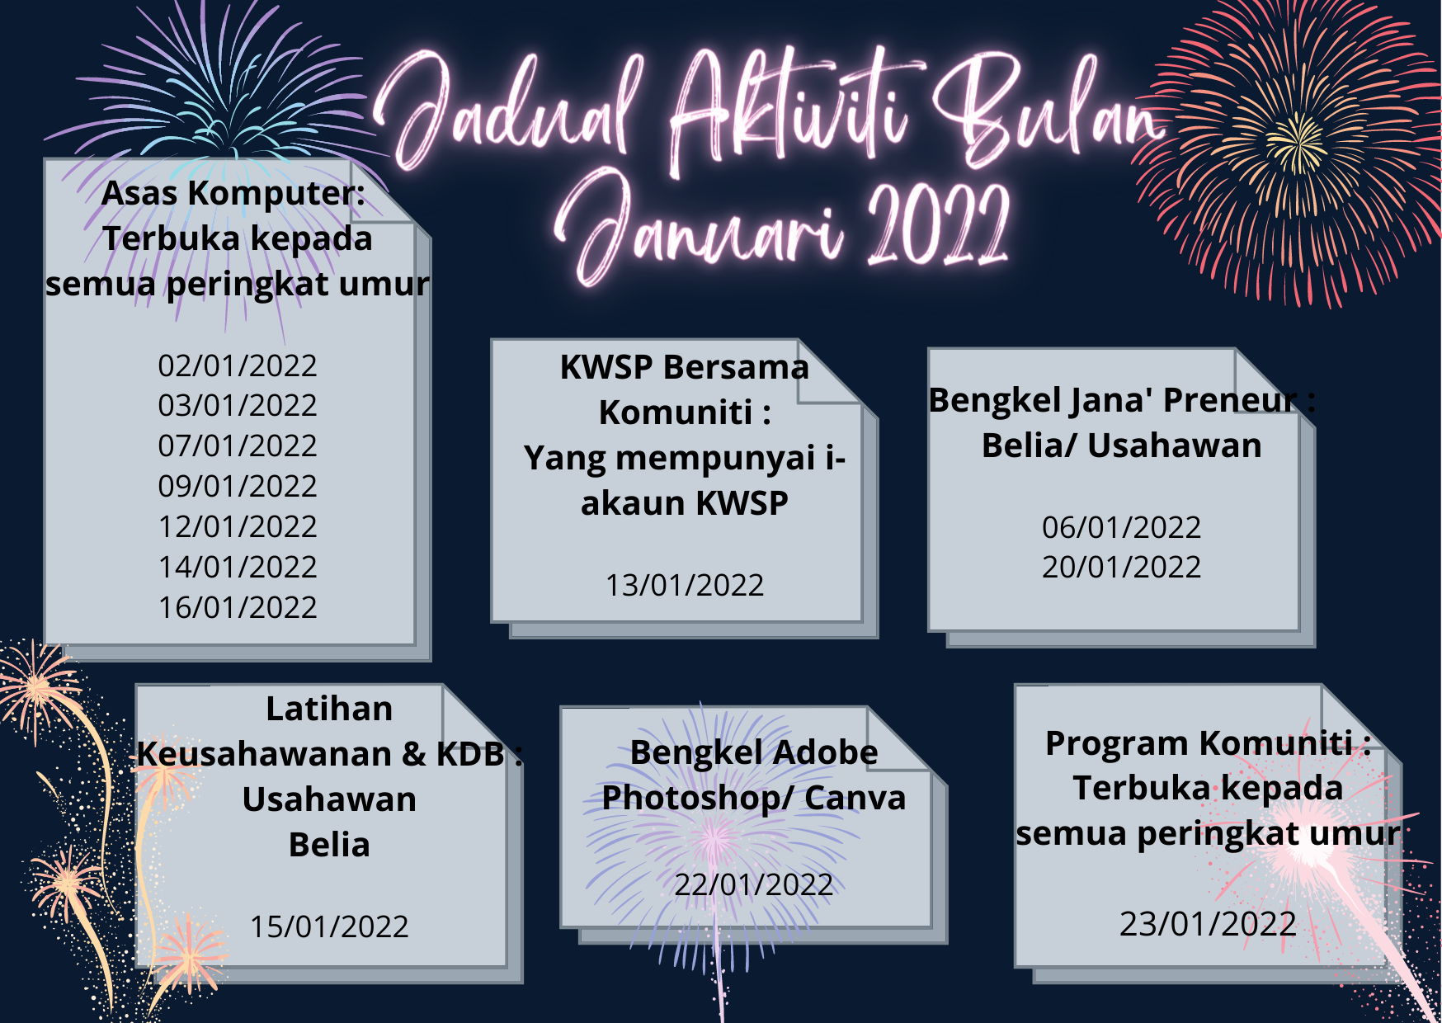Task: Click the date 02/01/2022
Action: tap(238, 365)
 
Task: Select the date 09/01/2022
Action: tap(238, 486)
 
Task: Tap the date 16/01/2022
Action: tap(238, 607)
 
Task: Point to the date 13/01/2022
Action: tap(685, 585)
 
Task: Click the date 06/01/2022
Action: tap(1121, 527)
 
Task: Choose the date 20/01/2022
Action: tap(1121, 567)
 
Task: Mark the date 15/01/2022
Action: tap(329, 926)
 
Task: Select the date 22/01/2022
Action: tap(753, 884)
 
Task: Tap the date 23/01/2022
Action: tap(1208, 924)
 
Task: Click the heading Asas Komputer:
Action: tap(233, 194)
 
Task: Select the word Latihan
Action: tap(329, 709)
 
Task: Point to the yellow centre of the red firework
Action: tap(1297, 142)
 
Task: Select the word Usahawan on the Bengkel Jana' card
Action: tap(1175, 445)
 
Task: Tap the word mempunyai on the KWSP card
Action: tap(715, 459)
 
